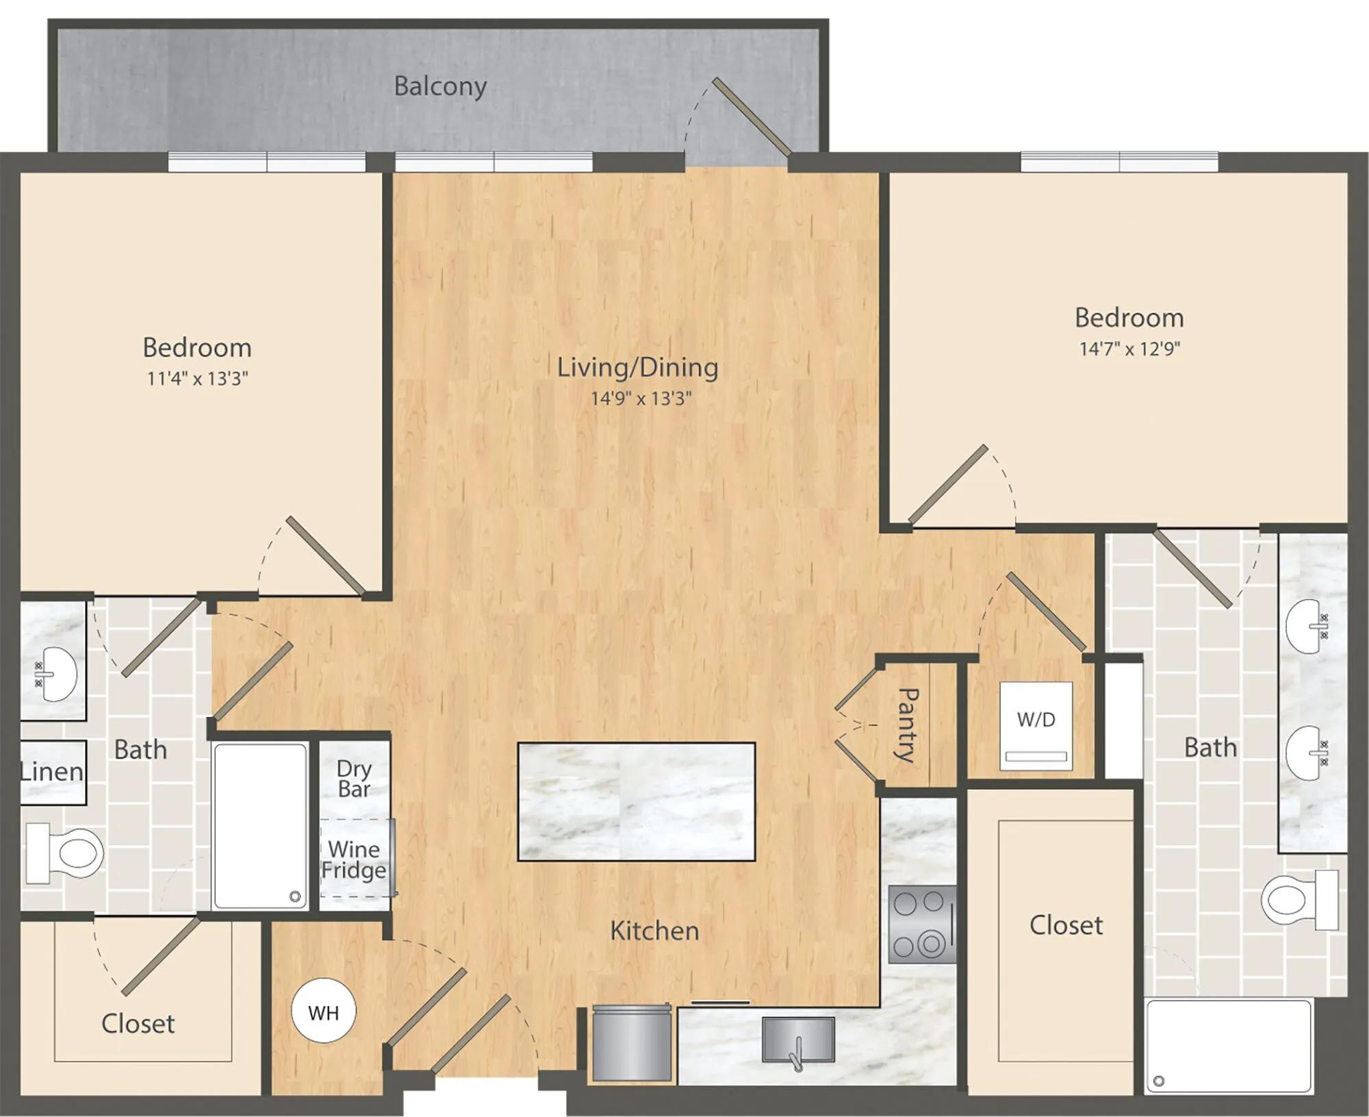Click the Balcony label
440,86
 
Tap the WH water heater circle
324,1010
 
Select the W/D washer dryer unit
1036,726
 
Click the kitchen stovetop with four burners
921,925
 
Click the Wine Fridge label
354,859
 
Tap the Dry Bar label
354,779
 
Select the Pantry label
908,725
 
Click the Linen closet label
51,772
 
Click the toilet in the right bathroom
1300,900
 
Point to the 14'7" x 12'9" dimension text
1129,349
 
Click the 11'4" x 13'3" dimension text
197,378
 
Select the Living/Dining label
637,367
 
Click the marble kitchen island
637,801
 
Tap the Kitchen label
654,931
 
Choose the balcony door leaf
752,116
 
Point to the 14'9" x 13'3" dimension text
641,398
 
